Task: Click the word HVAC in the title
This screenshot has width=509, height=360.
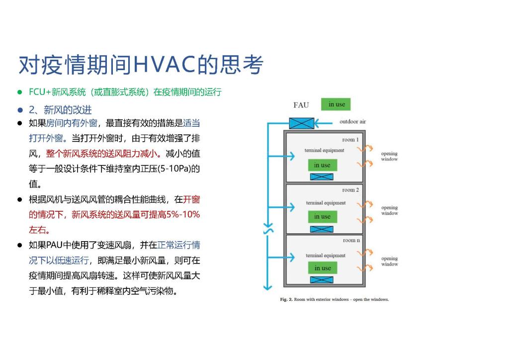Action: (165, 64)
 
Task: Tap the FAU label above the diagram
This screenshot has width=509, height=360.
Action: (301, 105)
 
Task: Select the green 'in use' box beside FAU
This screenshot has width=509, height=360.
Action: (336, 104)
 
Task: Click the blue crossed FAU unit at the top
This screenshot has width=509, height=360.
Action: (302, 123)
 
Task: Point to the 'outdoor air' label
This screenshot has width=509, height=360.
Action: (352, 122)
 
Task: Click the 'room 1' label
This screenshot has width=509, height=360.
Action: (350, 140)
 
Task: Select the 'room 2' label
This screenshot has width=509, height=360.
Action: (350, 190)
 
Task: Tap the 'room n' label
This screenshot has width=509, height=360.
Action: (351, 240)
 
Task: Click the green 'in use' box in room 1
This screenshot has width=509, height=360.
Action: (323, 165)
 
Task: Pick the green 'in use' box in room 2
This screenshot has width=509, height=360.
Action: (323, 216)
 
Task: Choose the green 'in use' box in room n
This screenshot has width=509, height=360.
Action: (323, 268)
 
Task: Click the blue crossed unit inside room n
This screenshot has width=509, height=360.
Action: (322, 280)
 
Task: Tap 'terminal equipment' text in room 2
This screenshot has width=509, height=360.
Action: (326, 203)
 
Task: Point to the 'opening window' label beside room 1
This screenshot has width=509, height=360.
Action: (389, 156)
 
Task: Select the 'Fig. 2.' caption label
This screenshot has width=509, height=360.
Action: (286, 299)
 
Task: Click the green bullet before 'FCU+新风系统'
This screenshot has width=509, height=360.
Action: (20, 92)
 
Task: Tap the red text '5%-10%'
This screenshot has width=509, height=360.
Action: (183, 215)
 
